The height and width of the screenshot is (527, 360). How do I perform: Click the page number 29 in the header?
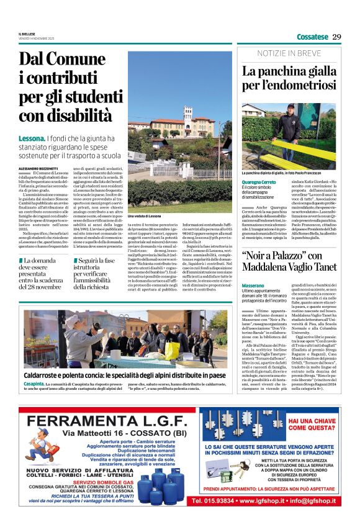tap(336, 37)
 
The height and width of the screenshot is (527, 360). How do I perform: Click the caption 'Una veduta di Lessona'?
tap(144, 215)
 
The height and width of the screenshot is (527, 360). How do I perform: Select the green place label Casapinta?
tap(34, 384)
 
